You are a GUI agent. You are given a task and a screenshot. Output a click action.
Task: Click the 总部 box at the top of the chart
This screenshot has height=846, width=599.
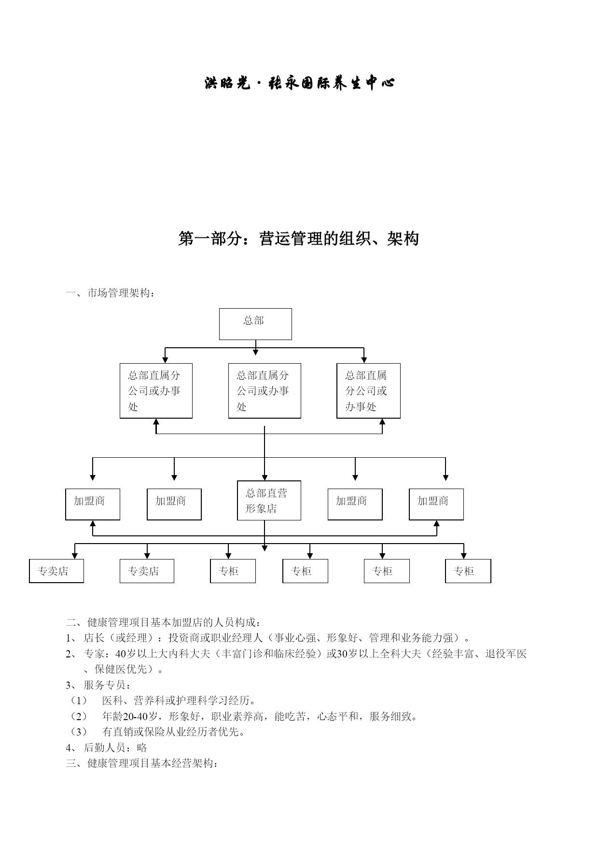coord(255,324)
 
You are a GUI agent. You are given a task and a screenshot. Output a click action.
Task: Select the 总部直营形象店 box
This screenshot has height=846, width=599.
coord(269,500)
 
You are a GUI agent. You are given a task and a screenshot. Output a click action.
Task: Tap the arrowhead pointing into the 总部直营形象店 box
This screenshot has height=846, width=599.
coord(265,477)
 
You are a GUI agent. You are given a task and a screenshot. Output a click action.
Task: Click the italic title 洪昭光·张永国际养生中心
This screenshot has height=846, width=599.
coord(299,83)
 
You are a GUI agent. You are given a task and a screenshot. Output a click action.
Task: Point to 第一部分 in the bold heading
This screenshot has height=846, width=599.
coord(210,239)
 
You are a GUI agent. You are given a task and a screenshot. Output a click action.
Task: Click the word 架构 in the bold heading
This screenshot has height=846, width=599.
coord(403,239)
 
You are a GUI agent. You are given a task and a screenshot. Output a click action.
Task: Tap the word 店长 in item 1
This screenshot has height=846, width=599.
coord(94,638)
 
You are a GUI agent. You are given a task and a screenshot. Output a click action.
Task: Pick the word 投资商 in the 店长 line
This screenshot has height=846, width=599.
coord(184,638)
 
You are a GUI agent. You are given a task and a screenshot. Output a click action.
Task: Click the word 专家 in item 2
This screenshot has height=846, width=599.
coord(94,654)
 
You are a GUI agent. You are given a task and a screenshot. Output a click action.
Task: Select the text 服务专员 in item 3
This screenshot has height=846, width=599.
coord(105,685)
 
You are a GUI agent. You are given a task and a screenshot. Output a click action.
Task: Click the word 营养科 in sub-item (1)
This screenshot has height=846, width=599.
coord(149,701)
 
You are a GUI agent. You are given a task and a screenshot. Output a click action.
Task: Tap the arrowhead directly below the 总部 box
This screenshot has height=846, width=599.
coord(255,352)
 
